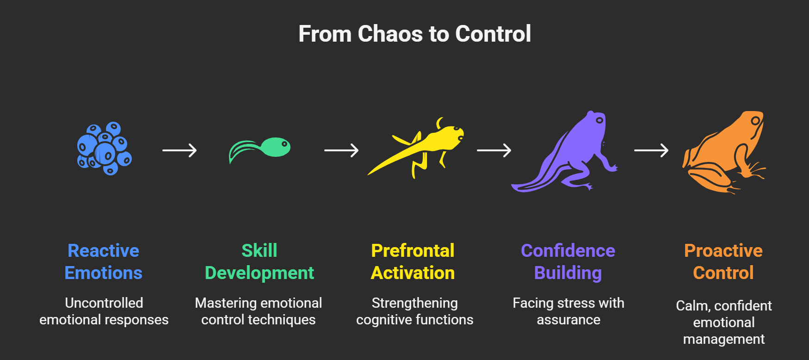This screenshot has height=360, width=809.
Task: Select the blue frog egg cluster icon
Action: click(x=104, y=149)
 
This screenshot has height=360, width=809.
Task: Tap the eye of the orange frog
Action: click(x=755, y=121)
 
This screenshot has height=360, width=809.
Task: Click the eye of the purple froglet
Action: click(x=599, y=120)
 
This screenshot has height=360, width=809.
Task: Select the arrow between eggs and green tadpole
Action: click(x=179, y=150)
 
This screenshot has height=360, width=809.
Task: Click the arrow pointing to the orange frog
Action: click(x=651, y=150)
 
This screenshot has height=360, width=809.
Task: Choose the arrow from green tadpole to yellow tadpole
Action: click(x=341, y=150)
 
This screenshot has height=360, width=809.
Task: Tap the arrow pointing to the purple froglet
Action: click(x=494, y=150)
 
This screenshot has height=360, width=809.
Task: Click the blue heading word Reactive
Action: click(x=103, y=251)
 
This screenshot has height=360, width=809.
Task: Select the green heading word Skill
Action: click(x=259, y=251)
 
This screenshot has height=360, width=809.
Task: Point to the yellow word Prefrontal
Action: click(x=413, y=251)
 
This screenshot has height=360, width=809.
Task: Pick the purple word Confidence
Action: click(x=568, y=251)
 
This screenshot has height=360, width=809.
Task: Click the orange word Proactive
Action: click(x=723, y=251)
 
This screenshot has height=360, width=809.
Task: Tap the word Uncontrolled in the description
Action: click(x=104, y=303)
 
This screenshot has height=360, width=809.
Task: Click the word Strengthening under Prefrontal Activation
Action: click(x=414, y=303)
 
